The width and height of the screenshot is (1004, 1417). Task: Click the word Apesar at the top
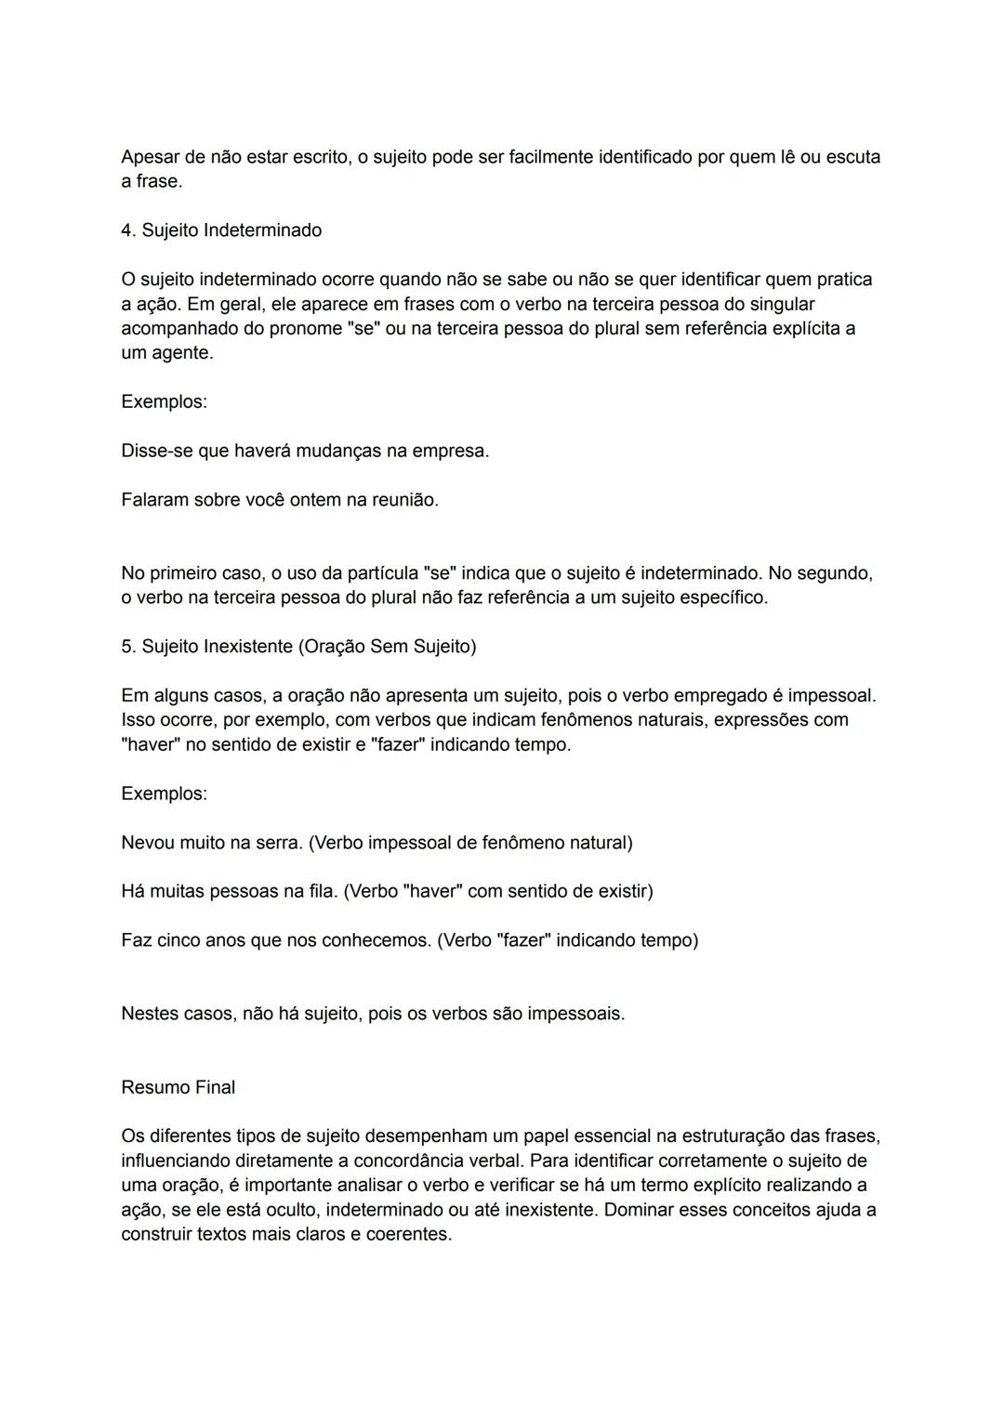click(151, 157)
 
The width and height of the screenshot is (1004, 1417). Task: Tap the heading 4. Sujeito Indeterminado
click(221, 230)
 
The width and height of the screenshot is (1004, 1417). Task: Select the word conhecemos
click(376, 940)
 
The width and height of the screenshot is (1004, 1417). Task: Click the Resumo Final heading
click(178, 1087)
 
